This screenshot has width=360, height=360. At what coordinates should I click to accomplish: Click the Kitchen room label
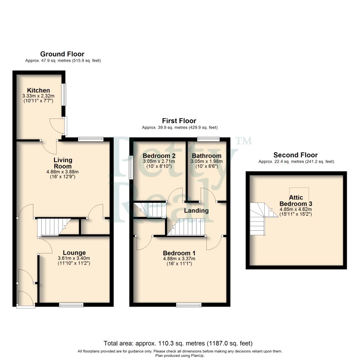coord(38,90)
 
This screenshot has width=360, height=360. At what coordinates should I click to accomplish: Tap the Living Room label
coord(63,163)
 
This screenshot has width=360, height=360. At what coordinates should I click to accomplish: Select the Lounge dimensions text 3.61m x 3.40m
coord(74,258)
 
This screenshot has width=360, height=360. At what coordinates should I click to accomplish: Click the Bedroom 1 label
coord(179,253)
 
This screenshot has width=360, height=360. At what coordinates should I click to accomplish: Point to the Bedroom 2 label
coord(159,156)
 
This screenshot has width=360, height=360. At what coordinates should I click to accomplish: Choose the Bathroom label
coord(206,156)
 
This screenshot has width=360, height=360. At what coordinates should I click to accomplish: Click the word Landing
coord(196,210)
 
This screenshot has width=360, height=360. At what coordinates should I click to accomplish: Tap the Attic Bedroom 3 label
coord(296,201)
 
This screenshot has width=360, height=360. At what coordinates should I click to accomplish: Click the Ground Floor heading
coord(62,54)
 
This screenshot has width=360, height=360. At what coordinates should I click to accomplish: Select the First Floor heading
coord(179,121)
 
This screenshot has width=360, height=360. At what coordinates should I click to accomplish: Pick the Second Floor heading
coord(295,155)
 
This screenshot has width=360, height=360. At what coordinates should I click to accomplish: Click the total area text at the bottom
coord(178,343)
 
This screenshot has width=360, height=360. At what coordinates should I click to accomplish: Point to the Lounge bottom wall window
coord(71,305)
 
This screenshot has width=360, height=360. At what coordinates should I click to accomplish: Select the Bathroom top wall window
coord(208,139)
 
